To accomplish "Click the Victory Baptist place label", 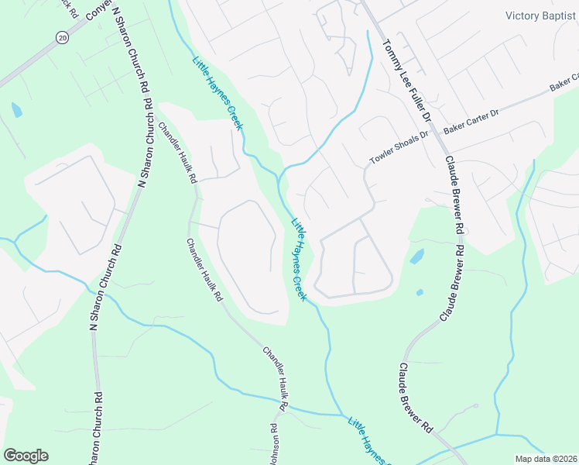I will pyautogui.click(x=542, y=15).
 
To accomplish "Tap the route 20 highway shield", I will pyautogui.click(x=61, y=37).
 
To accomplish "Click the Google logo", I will pyautogui.click(x=26, y=456).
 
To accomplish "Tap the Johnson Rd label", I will pyautogui.click(x=274, y=444).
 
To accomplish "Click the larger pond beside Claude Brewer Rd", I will pyautogui.click(x=416, y=256).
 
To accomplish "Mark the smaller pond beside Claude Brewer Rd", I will pyautogui.click(x=419, y=292).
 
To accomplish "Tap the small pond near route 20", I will pyautogui.click(x=16, y=110).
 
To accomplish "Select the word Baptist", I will pyautogui.click(x=560, y=15).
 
